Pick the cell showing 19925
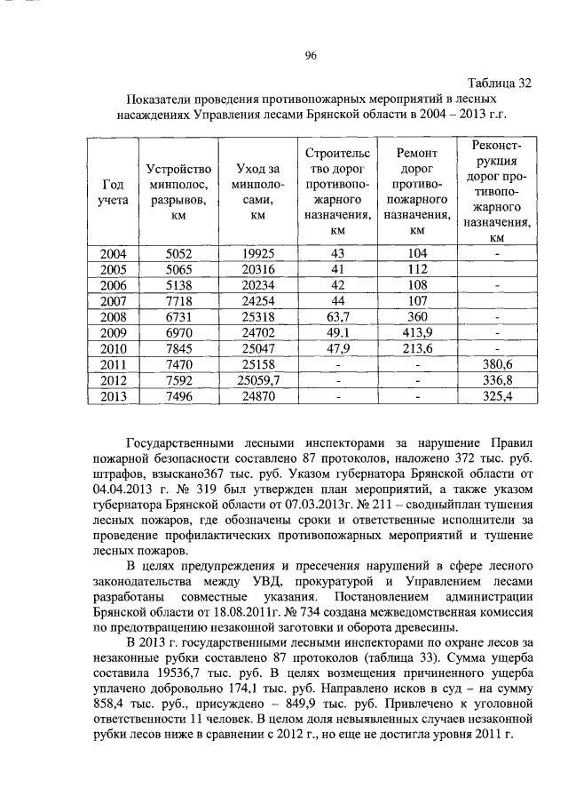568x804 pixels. (257, 254)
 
